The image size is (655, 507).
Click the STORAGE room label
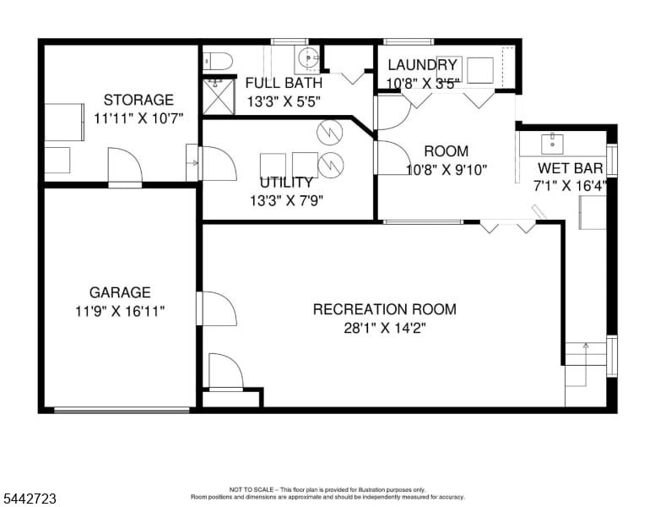coord(138,100)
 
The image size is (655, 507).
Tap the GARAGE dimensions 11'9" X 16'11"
coord(120,311)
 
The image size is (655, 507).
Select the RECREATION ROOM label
coord(385,309)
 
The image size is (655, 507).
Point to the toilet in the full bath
coord(218,61)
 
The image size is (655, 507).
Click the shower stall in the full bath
coord(219,96)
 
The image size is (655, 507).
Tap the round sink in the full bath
coord(308,58)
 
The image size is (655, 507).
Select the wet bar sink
coord(553,144)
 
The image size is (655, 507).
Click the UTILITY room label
coord(286,183)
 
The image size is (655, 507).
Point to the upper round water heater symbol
coord(330,132)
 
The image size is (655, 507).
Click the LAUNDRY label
coord(422,65)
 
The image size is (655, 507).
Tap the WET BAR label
coord(571,168)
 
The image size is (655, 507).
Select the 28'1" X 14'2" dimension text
coord(385,329)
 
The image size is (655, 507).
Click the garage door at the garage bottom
coord(122,411)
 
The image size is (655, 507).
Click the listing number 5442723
coord(30,499)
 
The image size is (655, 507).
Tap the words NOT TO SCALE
coord(252,489)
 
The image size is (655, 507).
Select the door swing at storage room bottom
coord(125,166)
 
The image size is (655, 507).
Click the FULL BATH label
coord(284,83)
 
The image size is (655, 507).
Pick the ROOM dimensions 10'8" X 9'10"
coord(447,170)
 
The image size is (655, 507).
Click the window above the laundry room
coord(408,41)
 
